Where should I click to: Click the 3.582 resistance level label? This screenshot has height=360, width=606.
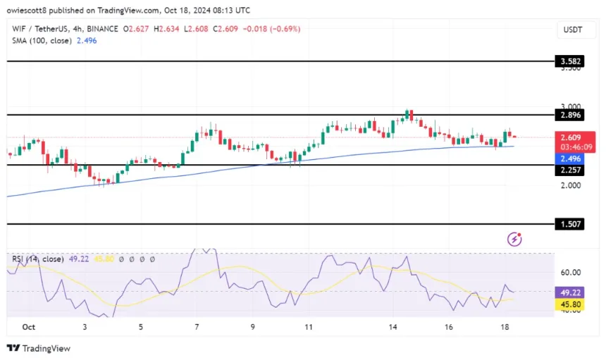coord(571,62)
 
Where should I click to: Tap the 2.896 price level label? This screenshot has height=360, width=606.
coord(571,114)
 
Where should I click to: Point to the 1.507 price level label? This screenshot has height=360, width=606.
coord(571,225)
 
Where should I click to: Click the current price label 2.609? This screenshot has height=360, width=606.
coord(571,137)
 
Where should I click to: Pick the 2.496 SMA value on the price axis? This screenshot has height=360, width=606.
coord(571,159)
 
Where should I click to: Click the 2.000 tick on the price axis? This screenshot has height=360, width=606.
coord(571,185)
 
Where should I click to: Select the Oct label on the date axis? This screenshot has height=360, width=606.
coord(28,327)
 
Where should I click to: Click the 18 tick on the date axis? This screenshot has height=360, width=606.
coord(505,327)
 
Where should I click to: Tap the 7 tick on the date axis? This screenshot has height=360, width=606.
coord(197,327)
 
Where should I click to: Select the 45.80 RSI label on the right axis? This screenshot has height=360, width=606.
coord(571,304)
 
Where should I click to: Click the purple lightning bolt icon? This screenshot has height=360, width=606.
coord(515,240)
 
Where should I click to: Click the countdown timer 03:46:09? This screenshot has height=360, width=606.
coord(571,147)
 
